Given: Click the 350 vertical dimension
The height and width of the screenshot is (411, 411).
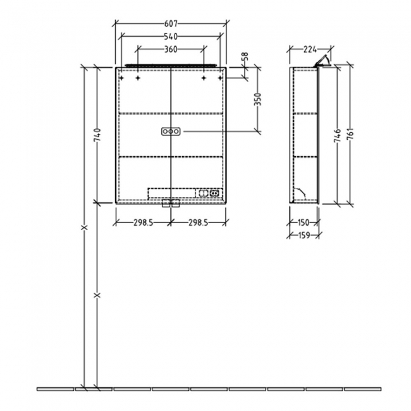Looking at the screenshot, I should point(257,99).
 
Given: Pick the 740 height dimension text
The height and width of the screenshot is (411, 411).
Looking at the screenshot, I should point(97,134).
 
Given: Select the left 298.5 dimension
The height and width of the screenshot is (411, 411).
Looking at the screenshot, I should point(142,223).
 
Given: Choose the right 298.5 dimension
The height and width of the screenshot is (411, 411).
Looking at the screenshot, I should point(199,223).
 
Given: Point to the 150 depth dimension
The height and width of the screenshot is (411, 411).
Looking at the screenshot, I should point(304,223).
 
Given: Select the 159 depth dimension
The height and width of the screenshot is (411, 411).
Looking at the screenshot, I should point(304,235).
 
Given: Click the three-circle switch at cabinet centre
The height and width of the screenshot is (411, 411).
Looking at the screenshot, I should point(171,131).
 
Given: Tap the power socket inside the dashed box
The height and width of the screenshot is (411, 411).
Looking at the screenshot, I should point(215,193).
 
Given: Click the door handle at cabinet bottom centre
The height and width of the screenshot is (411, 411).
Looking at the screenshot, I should point(171,203).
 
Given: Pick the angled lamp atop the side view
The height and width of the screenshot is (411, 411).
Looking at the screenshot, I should point(323,61).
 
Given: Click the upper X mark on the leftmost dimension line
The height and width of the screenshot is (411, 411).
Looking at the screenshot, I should point(83,227).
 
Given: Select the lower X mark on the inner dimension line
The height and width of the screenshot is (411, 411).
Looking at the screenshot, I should point(97,295).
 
